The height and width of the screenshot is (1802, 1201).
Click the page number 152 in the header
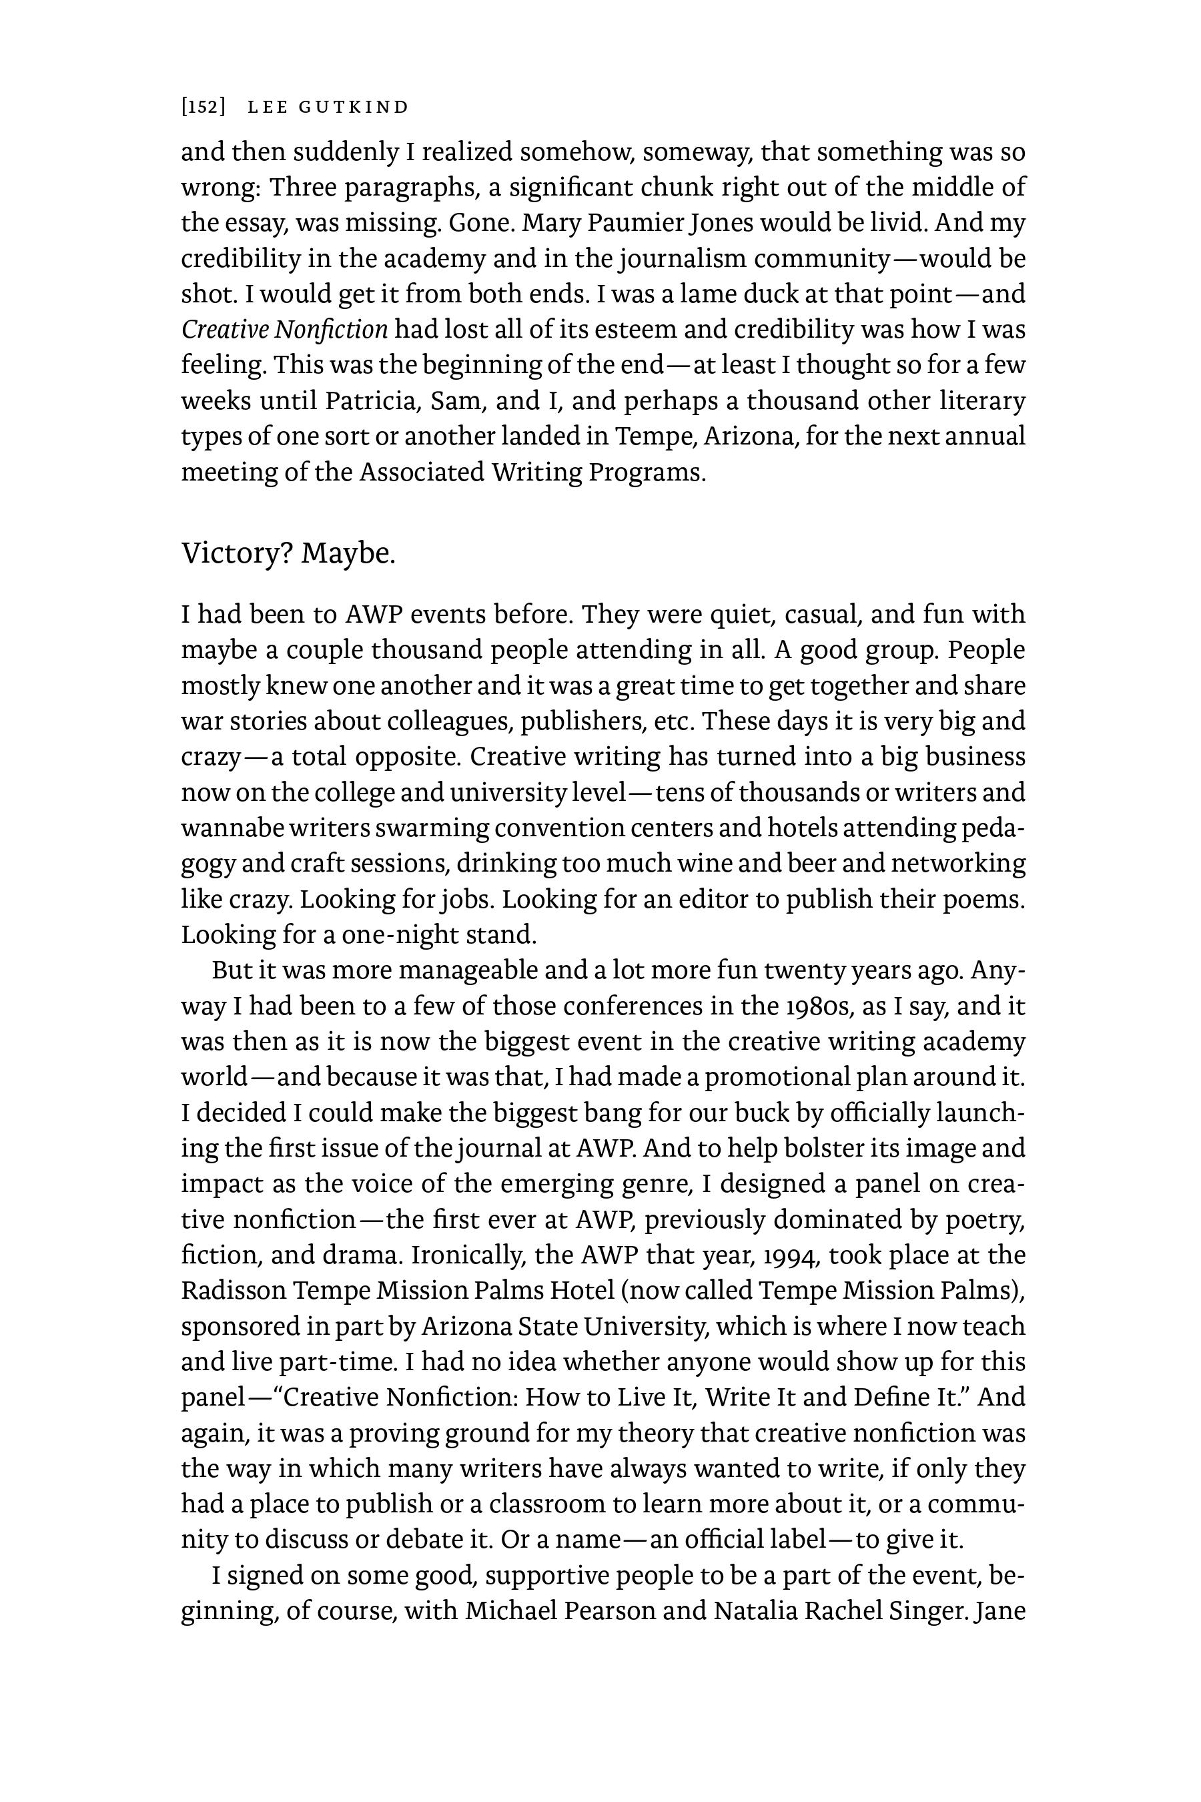point(203,107)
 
